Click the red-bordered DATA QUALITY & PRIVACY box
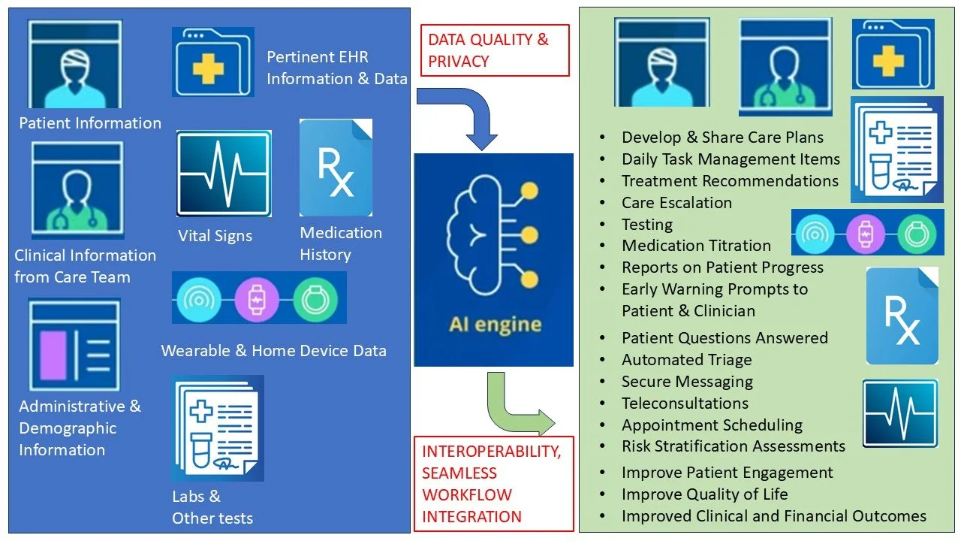[x=494, y=50]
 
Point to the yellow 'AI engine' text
[x=495, y=325]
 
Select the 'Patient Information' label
[x=90, y=123]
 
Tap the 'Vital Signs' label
[x=215, y=236]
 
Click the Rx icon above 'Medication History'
[x=336, y=168]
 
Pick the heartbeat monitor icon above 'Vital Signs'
[x=224, y=174]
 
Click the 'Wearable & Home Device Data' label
[x=273, y=350]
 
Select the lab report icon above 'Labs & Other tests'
[x=218, y=429]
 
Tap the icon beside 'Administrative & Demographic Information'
[x=74, y=346]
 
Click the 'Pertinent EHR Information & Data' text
[x=336, y=68]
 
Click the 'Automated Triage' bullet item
[x=687, y=360]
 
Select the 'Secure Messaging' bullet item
[x=687, y=382]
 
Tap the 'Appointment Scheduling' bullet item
[x=712, y=425]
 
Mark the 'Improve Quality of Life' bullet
[x=704, y=494]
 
